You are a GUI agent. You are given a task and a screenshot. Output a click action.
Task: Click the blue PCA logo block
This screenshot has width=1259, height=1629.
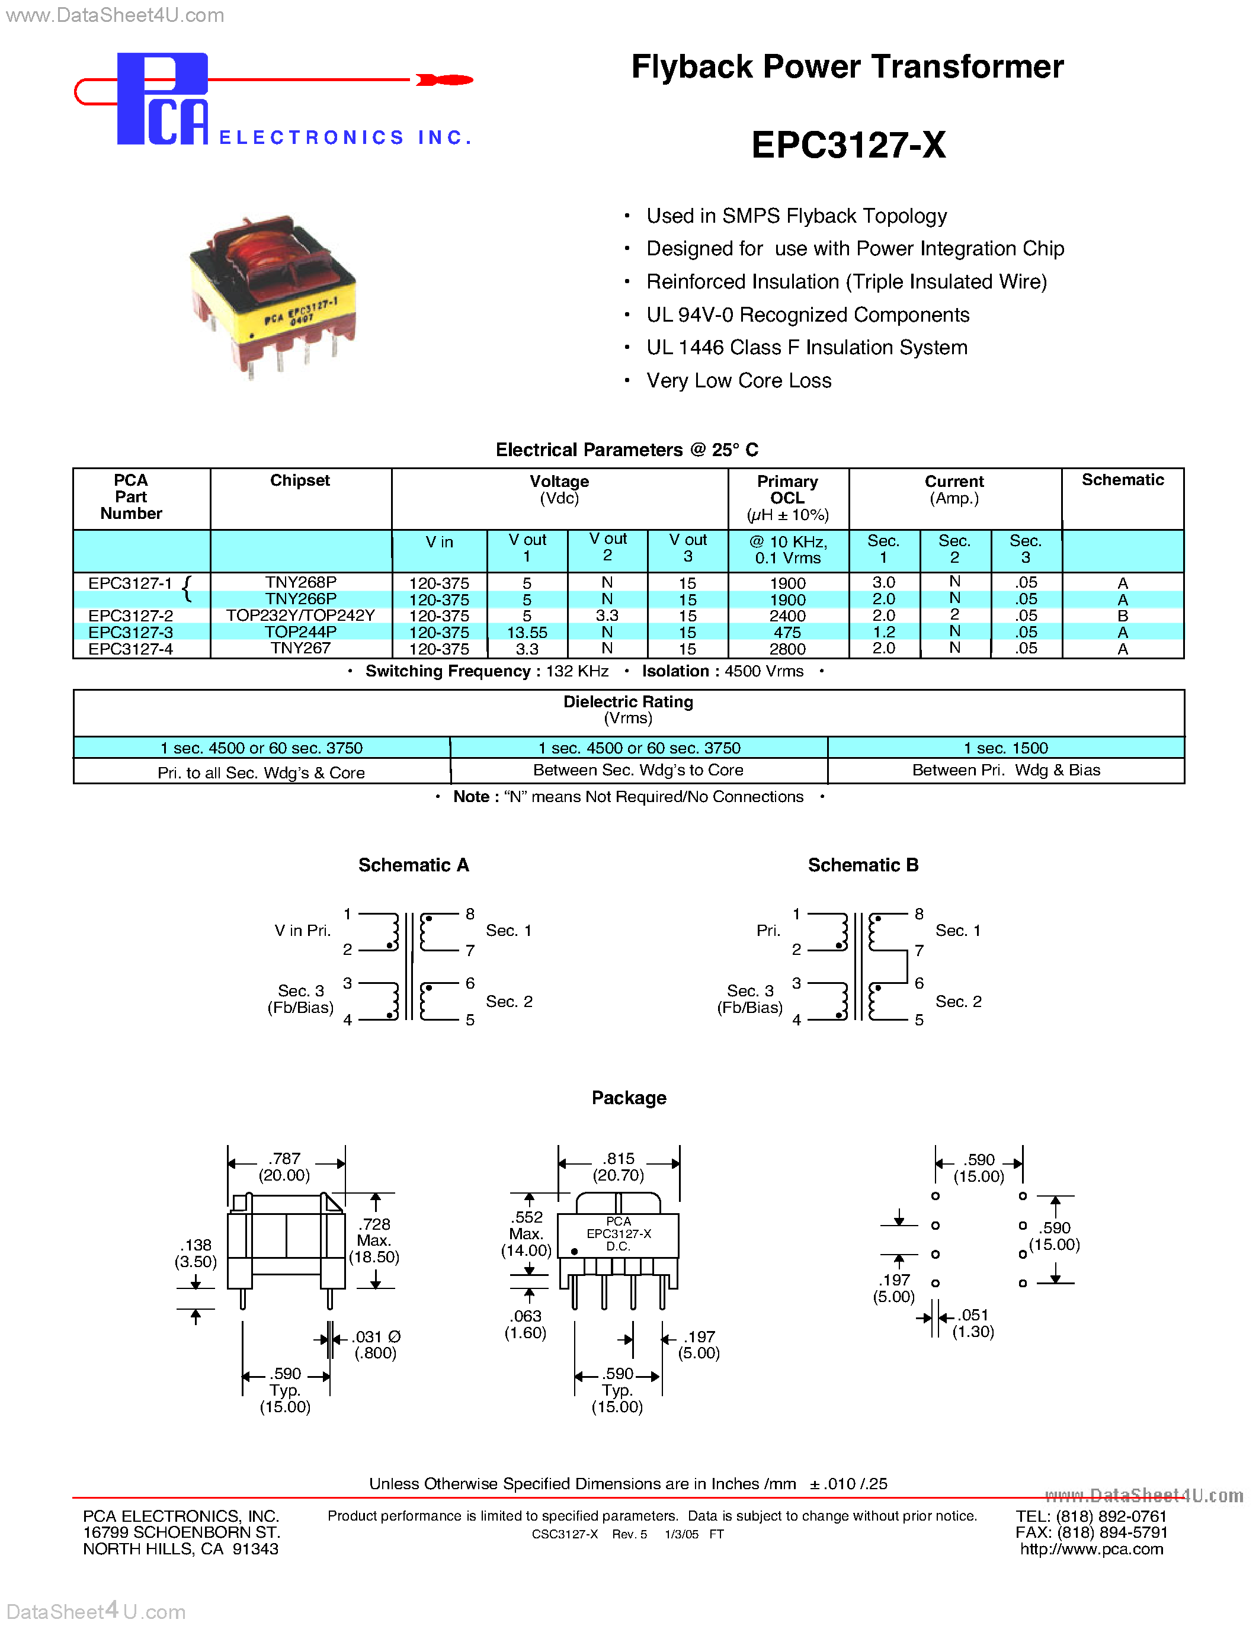click(161, 98)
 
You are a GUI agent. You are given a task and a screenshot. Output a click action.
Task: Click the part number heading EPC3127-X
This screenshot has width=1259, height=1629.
click(848, 145)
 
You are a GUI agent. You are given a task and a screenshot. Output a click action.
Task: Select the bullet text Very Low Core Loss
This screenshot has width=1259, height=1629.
click(738, 380)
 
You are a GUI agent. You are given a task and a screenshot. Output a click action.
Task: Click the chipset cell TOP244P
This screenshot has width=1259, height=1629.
click(300, 632)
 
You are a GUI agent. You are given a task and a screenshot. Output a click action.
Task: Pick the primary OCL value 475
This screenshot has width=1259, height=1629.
click(787, 633)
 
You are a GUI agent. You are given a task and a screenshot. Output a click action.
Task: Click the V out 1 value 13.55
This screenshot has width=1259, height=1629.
click(527, 633)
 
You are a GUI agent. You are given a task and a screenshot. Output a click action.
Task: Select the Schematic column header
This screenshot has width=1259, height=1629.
click(1123, 480)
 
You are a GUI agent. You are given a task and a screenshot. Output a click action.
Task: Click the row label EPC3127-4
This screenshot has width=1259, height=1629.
click(130, 649)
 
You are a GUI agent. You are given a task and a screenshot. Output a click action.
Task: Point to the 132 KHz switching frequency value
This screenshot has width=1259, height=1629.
click(576, 671)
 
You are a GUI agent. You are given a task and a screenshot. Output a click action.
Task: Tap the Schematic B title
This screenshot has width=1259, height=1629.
click(863, 865)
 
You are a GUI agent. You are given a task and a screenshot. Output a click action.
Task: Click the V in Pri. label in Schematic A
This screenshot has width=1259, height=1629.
click(302, 930)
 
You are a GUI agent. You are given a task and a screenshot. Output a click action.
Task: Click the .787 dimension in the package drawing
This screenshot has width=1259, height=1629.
click(286, 1158)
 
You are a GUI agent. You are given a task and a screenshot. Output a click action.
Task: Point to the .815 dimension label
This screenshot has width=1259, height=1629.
click(619, 1158)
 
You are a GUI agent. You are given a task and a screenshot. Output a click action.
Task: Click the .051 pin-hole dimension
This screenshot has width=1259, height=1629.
click(973, 1315)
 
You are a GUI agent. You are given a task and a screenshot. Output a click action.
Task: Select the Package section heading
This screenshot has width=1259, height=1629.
click(629, 1098)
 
